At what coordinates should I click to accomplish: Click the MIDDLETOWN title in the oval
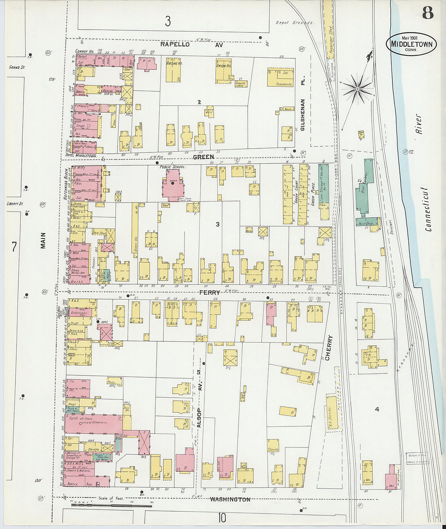click(412, 45)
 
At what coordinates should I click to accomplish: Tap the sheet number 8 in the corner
click(427, 13)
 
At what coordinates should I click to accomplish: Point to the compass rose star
click(358, 88)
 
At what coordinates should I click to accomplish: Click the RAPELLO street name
click(175, 45)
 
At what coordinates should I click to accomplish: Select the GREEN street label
click(203, 157)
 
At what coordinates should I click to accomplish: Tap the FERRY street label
click(210, 292)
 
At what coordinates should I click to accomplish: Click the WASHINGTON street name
click(230, 499)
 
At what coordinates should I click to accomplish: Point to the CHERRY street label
click(328, 347)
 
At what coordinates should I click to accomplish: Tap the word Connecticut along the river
click(428, 209)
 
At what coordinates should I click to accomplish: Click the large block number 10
click(221, 518)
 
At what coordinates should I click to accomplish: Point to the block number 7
click(15, 246)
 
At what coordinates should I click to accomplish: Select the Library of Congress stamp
click(418, 458)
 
